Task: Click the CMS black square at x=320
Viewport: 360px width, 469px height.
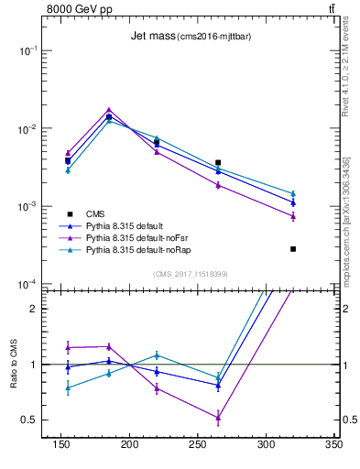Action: (293, 248)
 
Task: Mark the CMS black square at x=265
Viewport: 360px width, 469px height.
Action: (218, 162)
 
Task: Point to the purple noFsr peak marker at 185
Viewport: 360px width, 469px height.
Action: (109, 110)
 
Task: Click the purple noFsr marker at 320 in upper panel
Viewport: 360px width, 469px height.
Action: (293, 216)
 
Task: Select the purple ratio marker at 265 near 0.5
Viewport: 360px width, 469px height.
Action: (218, 418)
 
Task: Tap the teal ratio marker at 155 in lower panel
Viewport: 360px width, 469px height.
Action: (68, 387)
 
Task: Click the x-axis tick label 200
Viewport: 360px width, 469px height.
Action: (129, 443)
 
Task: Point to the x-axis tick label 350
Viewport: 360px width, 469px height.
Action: (333, 443)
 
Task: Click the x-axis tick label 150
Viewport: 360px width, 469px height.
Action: (61, 443)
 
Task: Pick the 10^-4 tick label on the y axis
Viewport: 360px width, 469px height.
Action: (28, 285)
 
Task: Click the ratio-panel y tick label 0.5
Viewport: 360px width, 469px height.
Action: (29, 420)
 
